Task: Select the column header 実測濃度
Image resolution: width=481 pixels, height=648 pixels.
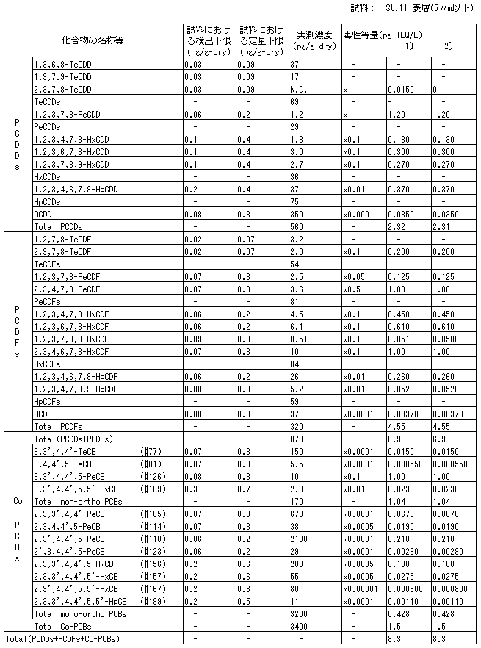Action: click(314, 35)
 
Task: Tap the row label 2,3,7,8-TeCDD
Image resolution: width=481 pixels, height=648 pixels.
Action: click(62, 89)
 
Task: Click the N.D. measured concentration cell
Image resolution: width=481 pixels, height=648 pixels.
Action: click(299, 89)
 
